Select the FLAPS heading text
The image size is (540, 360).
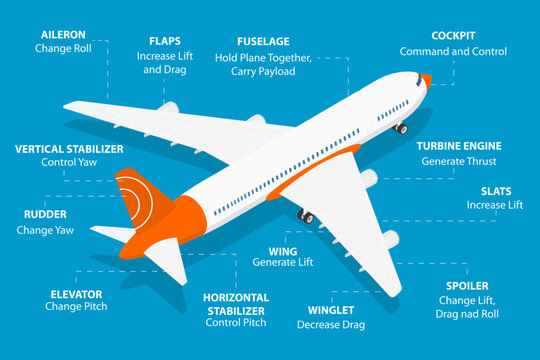point(165,41)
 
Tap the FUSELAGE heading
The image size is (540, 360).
point(264,41)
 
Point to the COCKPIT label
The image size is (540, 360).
point(453,35)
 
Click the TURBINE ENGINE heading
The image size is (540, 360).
point(459,145)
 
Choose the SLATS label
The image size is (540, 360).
point(495,190)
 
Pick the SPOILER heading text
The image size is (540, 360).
point(467,286)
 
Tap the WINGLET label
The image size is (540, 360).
point(330,310)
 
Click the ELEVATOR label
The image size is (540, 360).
point(76,294)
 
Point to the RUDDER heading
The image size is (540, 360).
point(45,214)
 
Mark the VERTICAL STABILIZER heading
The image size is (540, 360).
point(69,148)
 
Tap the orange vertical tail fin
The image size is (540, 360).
point(134,197)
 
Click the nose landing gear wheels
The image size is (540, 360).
point(400,128)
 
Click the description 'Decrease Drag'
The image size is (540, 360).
point(331,324)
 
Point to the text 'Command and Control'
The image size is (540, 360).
point(453,51)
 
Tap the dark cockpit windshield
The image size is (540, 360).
point(414,77)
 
